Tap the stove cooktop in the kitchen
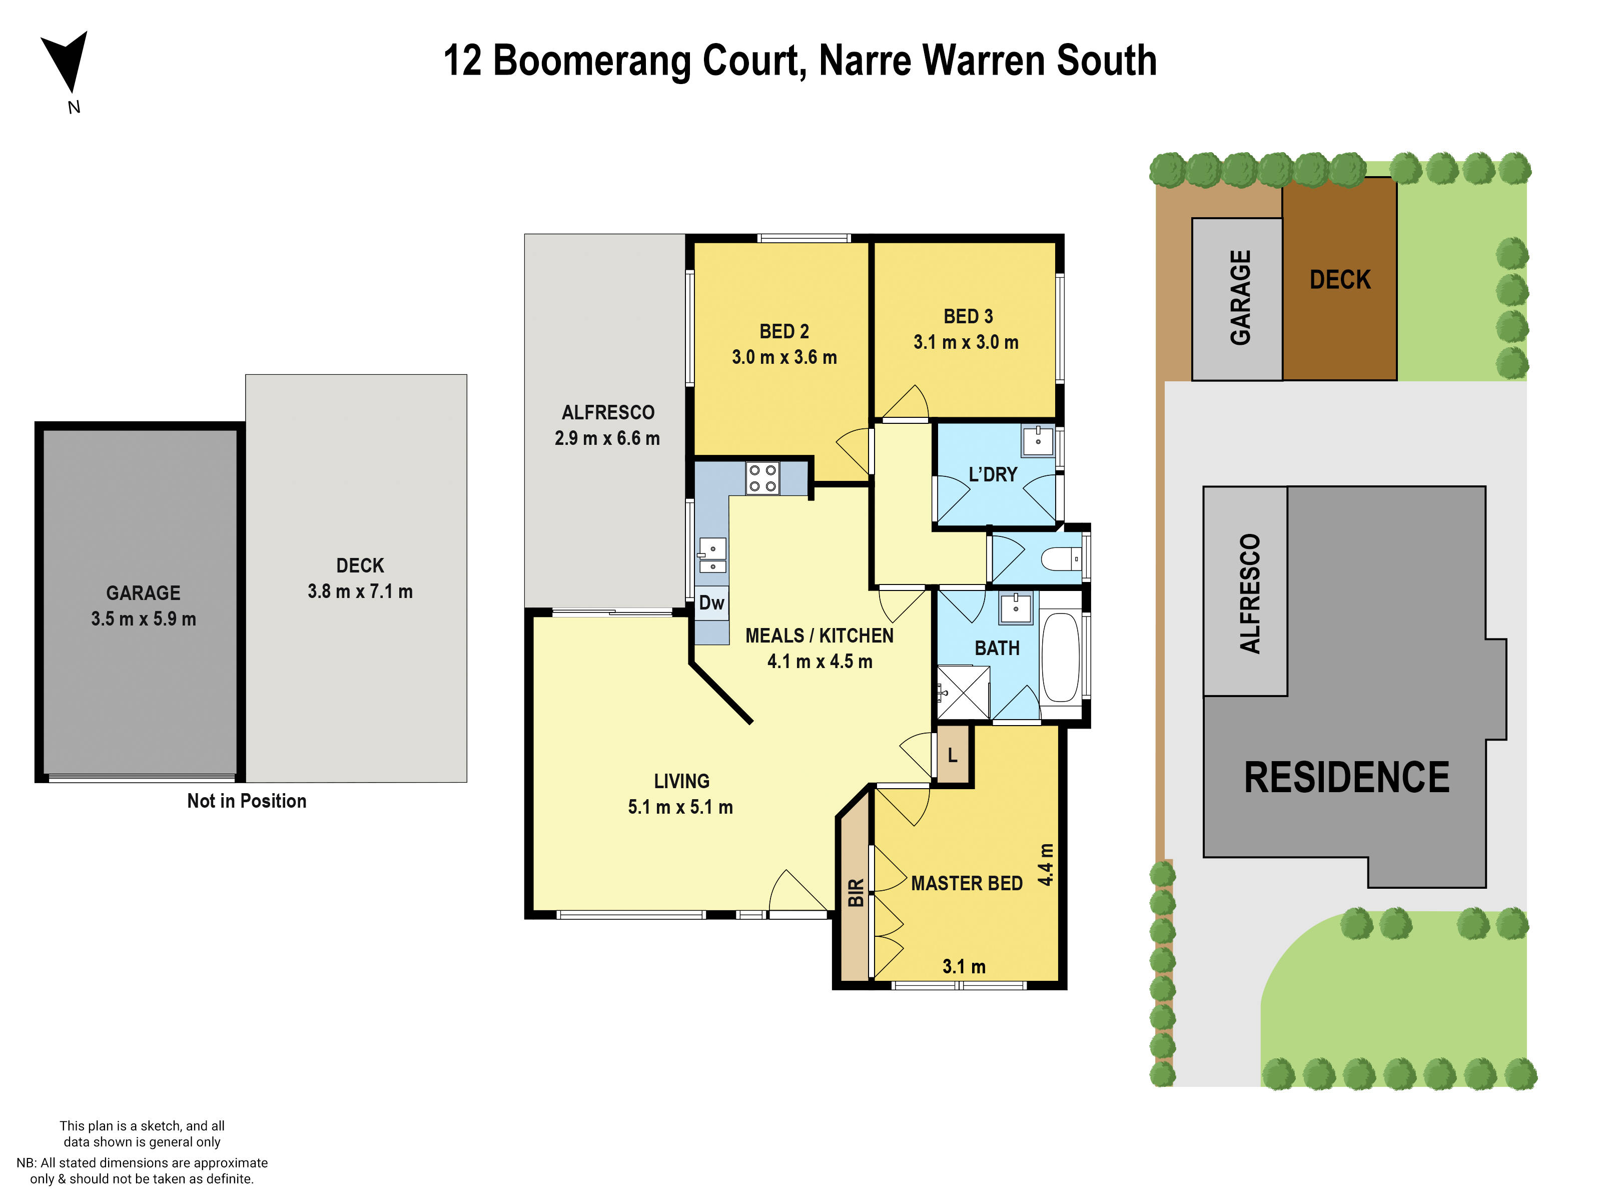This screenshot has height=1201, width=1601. (762, 478)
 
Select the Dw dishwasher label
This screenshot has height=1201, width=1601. (711, 603)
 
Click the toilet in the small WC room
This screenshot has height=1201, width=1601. (1061, 559)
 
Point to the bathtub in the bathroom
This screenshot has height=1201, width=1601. (1061, 658)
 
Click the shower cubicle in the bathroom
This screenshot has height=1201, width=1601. (963, 692)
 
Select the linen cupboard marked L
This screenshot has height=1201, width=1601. (953, 755)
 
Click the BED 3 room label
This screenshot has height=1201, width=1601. (968, 316)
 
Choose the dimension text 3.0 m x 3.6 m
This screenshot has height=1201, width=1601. (784, 358)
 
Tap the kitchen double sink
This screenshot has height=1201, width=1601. (712, 556)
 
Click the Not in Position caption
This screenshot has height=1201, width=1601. (247, 801)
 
